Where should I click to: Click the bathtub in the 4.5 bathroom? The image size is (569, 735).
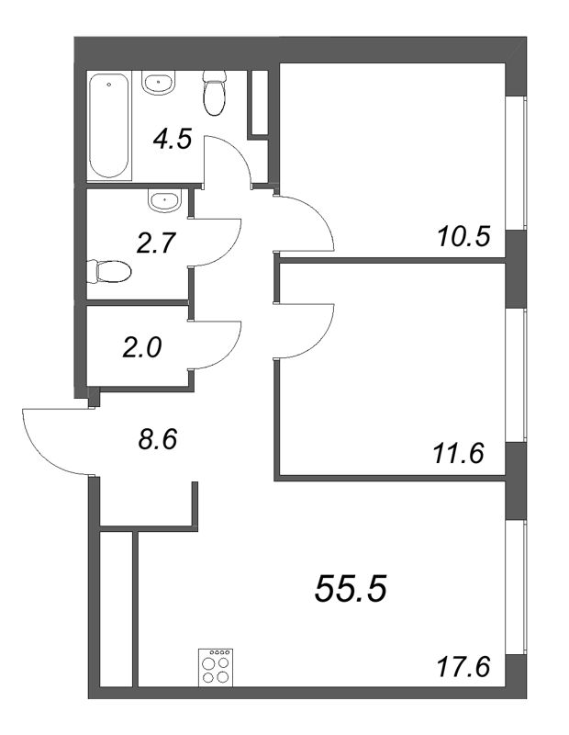108,126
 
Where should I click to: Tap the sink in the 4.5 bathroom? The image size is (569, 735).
158,84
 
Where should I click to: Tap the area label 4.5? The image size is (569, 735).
172,141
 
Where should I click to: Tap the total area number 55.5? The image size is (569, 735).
351,588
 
